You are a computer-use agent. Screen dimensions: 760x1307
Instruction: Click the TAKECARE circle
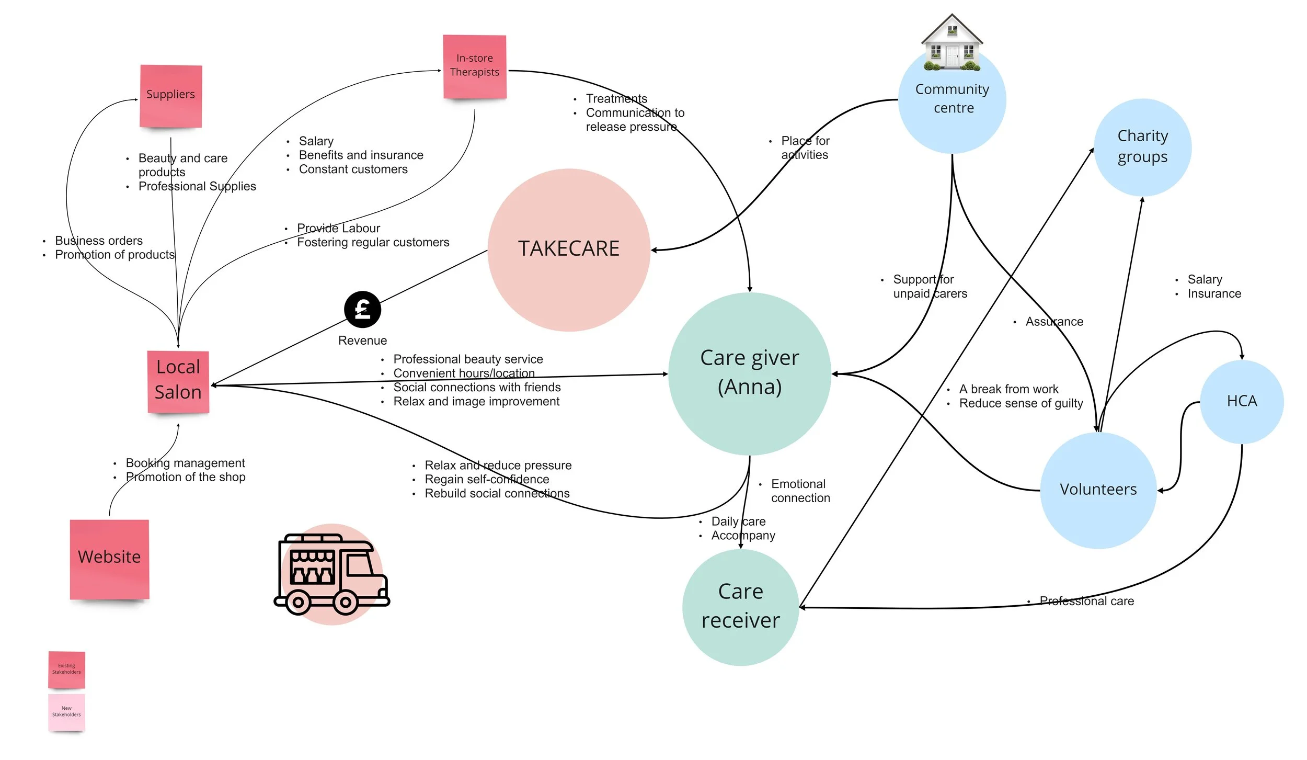569,249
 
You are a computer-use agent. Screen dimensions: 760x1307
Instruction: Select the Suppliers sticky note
170,96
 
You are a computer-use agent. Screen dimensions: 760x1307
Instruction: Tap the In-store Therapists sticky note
474,66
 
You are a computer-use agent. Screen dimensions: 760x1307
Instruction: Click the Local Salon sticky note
178,381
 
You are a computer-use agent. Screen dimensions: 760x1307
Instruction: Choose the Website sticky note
109,559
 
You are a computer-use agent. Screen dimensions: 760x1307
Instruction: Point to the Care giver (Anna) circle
749,373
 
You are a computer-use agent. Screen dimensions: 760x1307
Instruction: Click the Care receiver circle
740,607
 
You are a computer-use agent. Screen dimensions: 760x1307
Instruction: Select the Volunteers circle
1098,490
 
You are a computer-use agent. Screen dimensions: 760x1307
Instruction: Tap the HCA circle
1242,401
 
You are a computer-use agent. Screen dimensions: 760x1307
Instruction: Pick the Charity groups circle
1142,147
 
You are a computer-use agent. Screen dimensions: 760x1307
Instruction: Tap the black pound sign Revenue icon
362,310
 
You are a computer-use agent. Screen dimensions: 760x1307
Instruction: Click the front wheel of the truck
346,602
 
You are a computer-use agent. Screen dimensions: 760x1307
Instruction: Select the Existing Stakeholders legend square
66,669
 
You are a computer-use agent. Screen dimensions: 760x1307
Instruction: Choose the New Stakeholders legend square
66,712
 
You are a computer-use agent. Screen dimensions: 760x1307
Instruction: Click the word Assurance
1054,322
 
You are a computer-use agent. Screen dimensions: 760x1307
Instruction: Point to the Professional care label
1086,601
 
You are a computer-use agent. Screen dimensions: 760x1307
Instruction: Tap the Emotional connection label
800,491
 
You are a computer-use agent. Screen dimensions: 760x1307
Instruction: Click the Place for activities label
805,148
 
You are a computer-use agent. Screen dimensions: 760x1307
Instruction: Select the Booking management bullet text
185,463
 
